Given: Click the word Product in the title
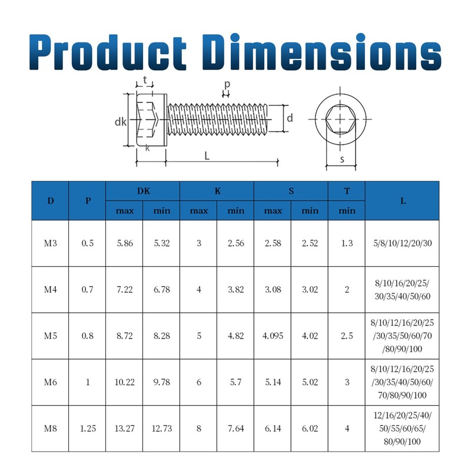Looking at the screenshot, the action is (x=108, y=52).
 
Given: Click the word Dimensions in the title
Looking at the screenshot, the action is (x=321, y=52).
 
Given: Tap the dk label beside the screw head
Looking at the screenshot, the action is (x=121, y=122).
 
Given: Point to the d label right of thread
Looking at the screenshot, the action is (x=290, y=118).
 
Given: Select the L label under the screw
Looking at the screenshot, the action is (x=207, y=156).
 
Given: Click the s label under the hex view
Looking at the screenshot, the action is (x=342, y=160).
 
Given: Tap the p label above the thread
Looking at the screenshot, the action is (x=227, y=84).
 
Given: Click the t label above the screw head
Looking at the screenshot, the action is (x=145, y=80).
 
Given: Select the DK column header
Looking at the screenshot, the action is (x=143, y=191).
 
